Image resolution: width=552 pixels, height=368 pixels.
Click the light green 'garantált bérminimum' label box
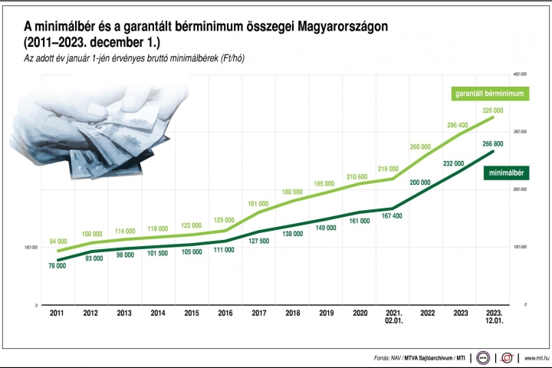click(x=493, y=94)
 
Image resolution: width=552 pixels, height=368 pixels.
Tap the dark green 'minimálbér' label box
click(x=508, y=174)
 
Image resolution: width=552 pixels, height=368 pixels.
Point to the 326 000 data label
click(x=493, y=110)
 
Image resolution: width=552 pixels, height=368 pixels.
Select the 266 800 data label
click(x=493, y=144)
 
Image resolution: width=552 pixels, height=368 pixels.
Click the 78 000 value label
click(x=56, y=266)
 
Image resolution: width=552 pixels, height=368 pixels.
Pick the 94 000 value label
click(x=58, y=242)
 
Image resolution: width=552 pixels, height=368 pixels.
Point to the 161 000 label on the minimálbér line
click(x=359, y=221)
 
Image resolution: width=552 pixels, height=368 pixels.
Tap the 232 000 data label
click(x=454, y=163)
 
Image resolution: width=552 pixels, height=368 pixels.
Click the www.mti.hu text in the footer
click(x=534, y=358)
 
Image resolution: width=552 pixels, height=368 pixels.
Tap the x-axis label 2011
click(x=57, y=314)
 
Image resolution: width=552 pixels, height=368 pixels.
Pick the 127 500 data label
click(x=258, y=240)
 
